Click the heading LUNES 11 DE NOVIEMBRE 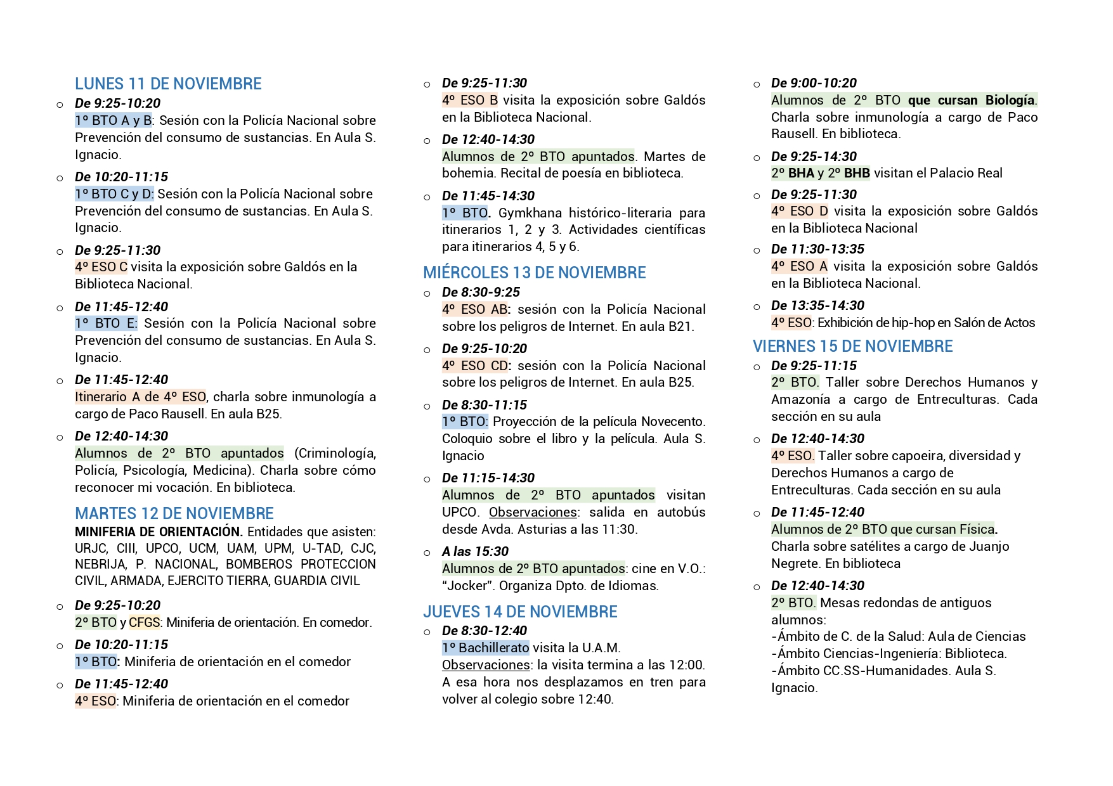tap(168, 84)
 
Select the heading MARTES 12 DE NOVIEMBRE tap(174, 513)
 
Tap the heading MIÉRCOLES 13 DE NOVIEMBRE tap(534, 273)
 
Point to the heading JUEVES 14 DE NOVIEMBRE tap(520, 612)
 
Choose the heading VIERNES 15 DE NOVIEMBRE tap(852, 346)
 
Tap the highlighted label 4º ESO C tap(101, 267)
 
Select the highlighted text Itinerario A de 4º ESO tap(140, 397)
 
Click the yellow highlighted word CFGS tap(144, 622)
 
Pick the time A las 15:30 tap(475, 551)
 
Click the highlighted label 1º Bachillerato tap(485, 648)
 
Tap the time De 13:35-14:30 tap(817, 306)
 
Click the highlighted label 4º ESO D tap(799, 211)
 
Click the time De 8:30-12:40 tap(485, 631)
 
